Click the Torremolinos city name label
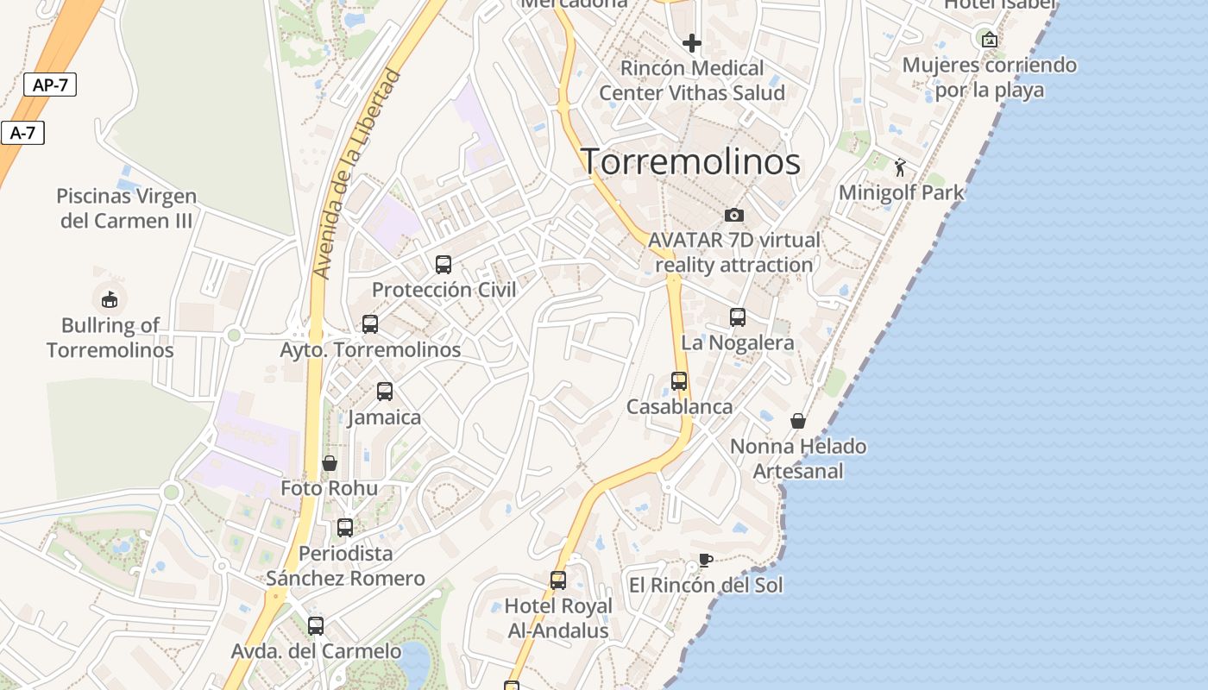click(690, 162)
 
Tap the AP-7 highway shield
click(50, 85)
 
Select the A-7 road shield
click(22, 133)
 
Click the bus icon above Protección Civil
click(444, 265)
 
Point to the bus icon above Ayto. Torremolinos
click(370, 324)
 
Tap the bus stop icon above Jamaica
click(385, 392)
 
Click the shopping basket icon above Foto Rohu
click(329, 463)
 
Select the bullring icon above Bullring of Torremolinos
click(110, 299)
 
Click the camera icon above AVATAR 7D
click(734, 215)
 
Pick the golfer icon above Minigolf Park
click(901, 167)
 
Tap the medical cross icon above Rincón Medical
click(691, 42)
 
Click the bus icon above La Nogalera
click(738, 317)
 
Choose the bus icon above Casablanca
click(679, 381)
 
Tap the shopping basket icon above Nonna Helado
click(798, 421)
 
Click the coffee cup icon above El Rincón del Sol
click(705, 560)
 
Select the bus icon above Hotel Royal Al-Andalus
click(558, 580)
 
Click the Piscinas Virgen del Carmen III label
click(126, 209)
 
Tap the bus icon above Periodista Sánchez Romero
click(345, 528)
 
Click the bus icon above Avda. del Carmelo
click(316, 626)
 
